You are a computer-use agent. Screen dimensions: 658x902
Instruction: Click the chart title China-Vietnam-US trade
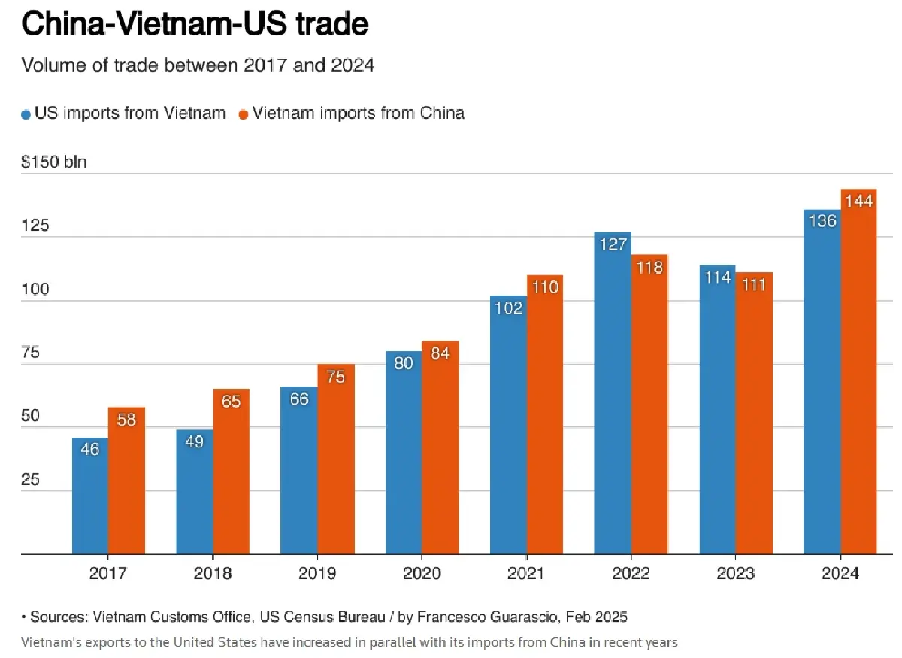click(x=195, y=24)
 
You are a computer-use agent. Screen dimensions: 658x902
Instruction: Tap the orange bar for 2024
click(x=858, y=376)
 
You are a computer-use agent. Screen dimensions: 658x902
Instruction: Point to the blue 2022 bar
click(x=613, y=399)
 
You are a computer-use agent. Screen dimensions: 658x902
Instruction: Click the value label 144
click(x=858, y=201)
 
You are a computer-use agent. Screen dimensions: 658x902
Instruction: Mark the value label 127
click(x=613, y=244)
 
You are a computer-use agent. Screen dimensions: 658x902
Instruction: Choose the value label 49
click(x=195, y=441)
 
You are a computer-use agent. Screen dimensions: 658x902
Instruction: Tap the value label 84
click(x=440, y=353)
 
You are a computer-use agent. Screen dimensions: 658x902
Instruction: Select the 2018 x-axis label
click(x=213, y=574)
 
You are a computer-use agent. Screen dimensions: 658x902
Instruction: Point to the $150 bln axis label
click(x=54, y=162)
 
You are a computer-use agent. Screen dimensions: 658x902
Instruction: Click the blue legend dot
click(x=26, y=114)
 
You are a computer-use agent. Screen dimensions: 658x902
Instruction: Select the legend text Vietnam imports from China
click(x=359, y=114)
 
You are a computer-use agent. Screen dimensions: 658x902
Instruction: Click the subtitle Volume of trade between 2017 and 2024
click(x=198, y=65)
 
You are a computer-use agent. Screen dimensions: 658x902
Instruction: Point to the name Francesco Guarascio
click(x=489, y=617)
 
